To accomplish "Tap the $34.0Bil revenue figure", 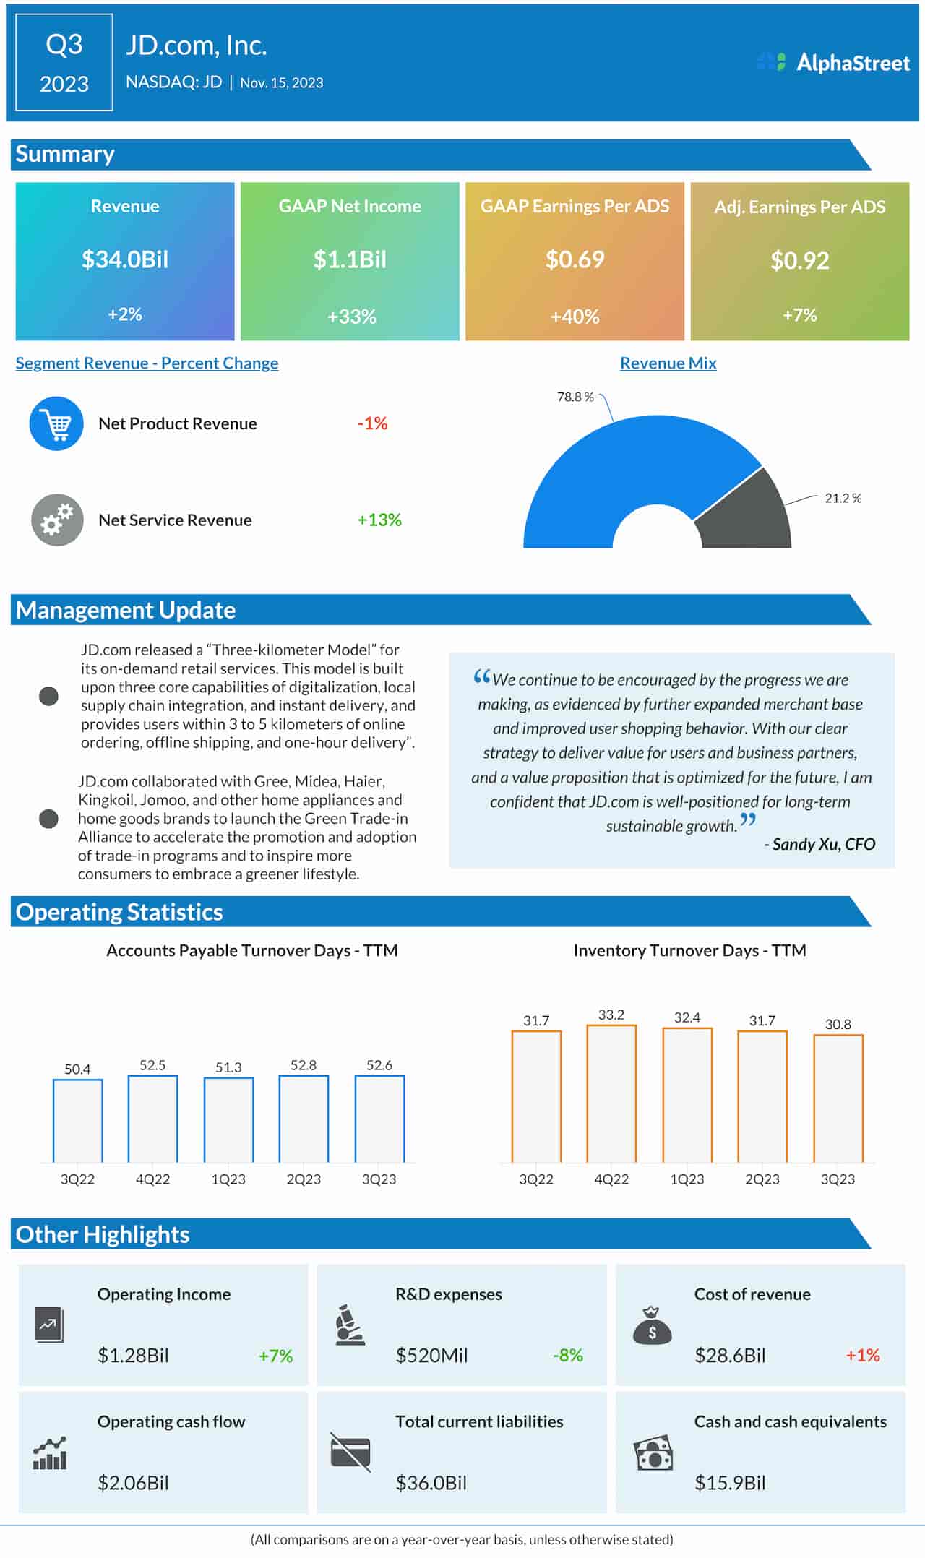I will tap(125, 259).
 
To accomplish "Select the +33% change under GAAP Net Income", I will tap(351, 317).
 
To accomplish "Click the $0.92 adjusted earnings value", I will tap(799, 260).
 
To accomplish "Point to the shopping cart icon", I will tap(56, 423).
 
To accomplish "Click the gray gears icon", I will tap(57, 520).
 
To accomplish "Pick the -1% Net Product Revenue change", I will tap(372, 423).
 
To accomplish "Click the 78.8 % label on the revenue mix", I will tap(575, 397).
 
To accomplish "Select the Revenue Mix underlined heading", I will tap(668, 363).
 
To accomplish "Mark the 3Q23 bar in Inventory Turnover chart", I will tap(838, 1098).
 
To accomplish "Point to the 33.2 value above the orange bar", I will tap(611, 1015).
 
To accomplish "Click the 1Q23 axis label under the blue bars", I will tap(228, 1179).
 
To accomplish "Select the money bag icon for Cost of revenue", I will tap(652, 1325).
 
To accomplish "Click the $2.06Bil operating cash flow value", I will tap(133, 1483).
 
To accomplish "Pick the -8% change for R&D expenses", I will tap(567, 1356).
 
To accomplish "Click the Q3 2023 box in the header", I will tap(64, 63).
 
